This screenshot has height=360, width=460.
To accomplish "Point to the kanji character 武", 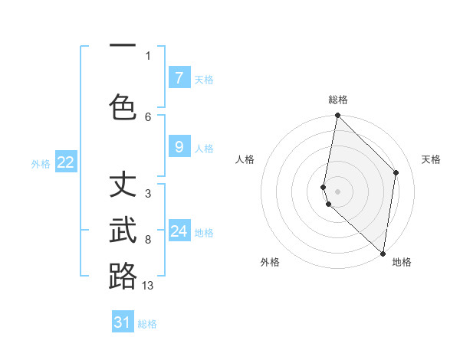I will point(123,230).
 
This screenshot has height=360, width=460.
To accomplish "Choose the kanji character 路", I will point(123,276).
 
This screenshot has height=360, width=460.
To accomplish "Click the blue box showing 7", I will point(179,77).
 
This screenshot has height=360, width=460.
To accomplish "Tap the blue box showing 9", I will point(179,146).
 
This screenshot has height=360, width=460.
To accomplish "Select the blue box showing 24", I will point(179,231).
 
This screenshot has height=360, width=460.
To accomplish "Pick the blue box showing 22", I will point(66,162).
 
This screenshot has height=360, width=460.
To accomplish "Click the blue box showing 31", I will point(123,322).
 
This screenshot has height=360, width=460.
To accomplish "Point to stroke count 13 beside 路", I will point(148,285).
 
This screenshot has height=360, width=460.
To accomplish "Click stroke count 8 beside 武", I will point(148,239).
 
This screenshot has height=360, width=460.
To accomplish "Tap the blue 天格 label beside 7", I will point(204,79).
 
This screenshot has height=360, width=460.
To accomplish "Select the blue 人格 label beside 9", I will point(204,148).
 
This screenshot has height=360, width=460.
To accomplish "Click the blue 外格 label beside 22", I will point(41,163).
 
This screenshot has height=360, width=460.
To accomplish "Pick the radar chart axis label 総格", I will point(338,100).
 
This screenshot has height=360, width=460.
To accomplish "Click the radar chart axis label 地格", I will point(402,262).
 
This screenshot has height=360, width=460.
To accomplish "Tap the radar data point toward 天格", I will point(396,172).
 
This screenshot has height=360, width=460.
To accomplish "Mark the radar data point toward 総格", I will point(337,116).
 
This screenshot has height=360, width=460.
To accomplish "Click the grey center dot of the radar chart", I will point(338,191).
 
